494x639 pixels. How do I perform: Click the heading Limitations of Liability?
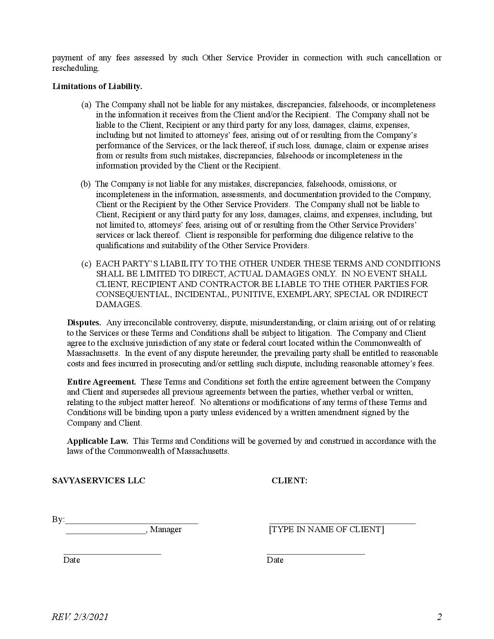[97, 86]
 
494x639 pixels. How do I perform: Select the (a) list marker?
[86, 105]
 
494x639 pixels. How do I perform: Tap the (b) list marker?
[85, 184]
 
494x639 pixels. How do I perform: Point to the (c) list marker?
[86, 264]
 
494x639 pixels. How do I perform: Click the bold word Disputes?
[84, 323]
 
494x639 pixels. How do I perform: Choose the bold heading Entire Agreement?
[102, 382]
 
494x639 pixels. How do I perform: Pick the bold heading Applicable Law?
[98, 441]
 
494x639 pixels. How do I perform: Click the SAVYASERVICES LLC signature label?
[99, 481]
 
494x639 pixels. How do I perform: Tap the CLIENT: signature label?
[289, 481]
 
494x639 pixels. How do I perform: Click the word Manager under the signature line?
[166, 529]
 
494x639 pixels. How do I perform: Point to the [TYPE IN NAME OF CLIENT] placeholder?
[326, 529]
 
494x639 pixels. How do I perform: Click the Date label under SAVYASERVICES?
[72, 560]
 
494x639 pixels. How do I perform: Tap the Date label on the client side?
[275, 560]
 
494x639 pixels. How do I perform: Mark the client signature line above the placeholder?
[342, 523]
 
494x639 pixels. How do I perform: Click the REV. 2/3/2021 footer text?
[80, 617]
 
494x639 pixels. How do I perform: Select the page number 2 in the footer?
[439, 617]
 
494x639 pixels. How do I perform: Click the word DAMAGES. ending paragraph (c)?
[119, 304]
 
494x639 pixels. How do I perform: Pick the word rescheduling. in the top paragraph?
[76, 68]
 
